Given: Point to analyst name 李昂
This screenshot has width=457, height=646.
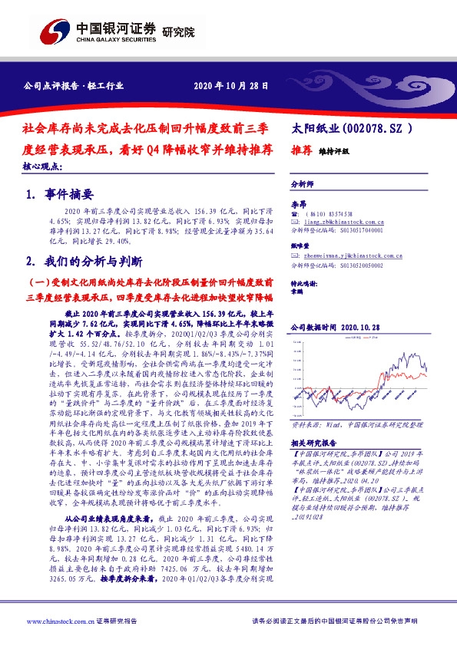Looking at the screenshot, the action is click(x=297, y=203).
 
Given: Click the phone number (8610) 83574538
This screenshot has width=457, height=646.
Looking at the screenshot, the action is click(x=331, y=213).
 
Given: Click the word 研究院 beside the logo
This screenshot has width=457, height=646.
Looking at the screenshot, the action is click(x=179, y=31).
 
